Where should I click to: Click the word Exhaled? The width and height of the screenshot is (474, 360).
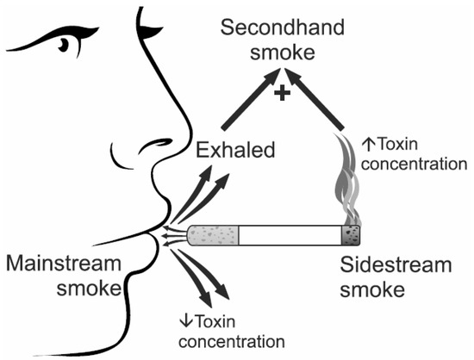pos(235,151)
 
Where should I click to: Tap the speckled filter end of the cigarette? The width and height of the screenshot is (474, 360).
pos(212,234)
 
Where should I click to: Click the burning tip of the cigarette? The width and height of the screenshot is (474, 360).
pos(352,234)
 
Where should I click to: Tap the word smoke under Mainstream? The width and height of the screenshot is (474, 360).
pos(90,289)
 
